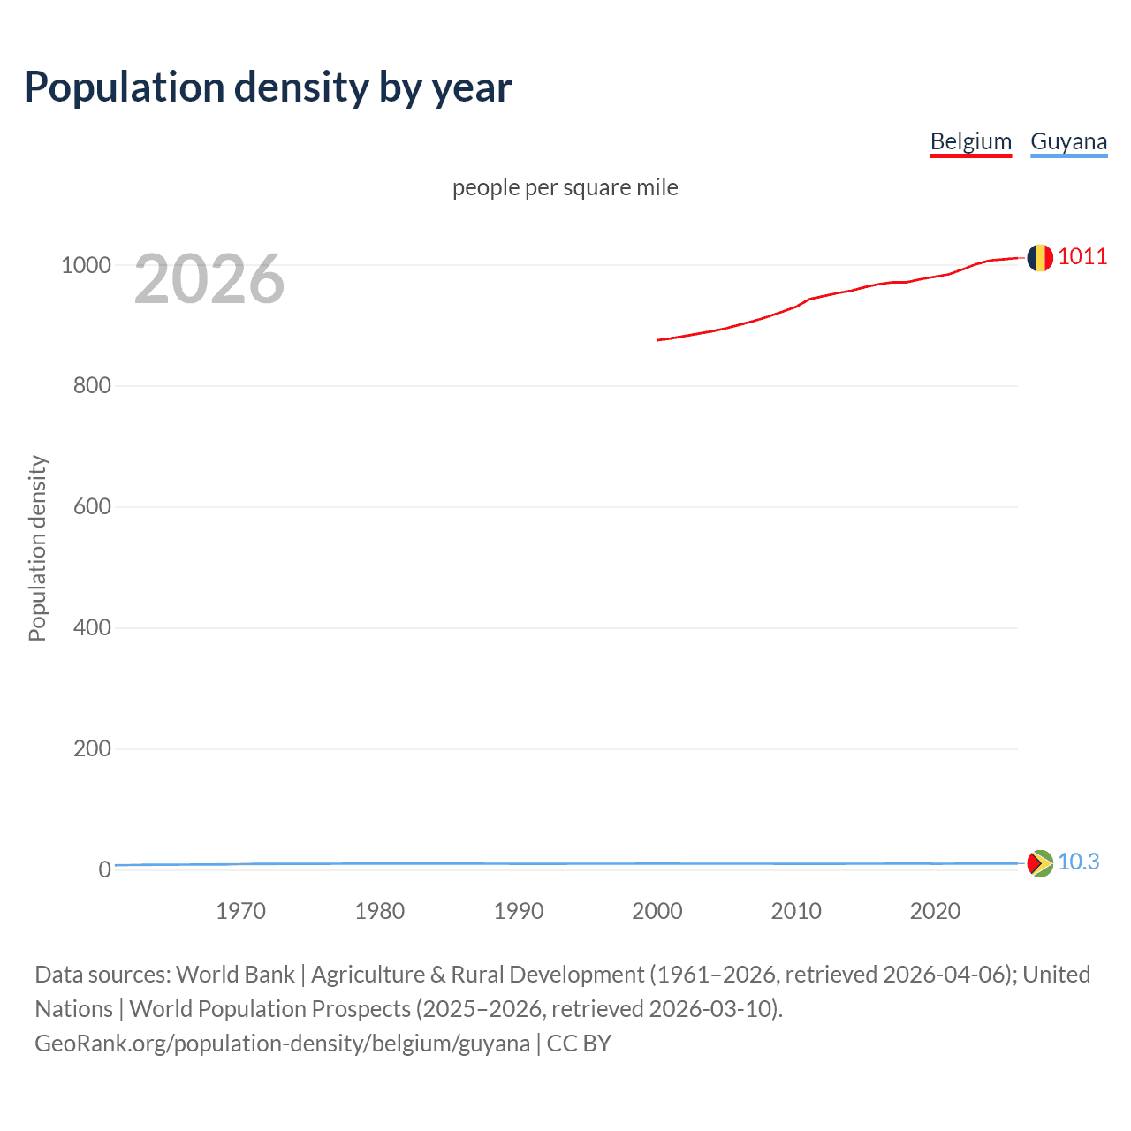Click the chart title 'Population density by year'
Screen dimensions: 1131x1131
pos(268,87)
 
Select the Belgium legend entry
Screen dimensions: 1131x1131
pos(970,141)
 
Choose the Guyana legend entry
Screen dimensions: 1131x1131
pos(1068,141)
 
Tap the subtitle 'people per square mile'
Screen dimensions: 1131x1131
pos(565,187)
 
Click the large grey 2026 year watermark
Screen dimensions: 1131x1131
pos(209,279)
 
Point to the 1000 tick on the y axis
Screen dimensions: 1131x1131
pos(86,265)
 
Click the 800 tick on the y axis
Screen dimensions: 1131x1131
pos(92,386)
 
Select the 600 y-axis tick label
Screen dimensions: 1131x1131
pos(92,507)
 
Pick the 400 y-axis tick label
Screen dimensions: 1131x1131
pos(92,628)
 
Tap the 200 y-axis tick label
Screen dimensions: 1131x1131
pos(92,749)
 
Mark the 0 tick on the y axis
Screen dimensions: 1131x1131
pos(105,869)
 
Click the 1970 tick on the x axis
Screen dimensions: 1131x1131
pos(240,911)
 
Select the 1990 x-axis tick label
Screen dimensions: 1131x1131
pos(519,911)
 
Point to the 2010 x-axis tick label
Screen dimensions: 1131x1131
pos(796,911)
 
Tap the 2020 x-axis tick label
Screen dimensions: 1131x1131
pos(935,911)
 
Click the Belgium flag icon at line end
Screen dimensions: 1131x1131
pos(1040,258)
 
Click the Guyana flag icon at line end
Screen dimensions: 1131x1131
pos(1040,863)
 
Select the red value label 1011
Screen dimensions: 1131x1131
pos(1082,257)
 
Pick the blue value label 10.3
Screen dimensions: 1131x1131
pos(1078,862)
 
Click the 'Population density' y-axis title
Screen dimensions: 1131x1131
pos(37,548)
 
